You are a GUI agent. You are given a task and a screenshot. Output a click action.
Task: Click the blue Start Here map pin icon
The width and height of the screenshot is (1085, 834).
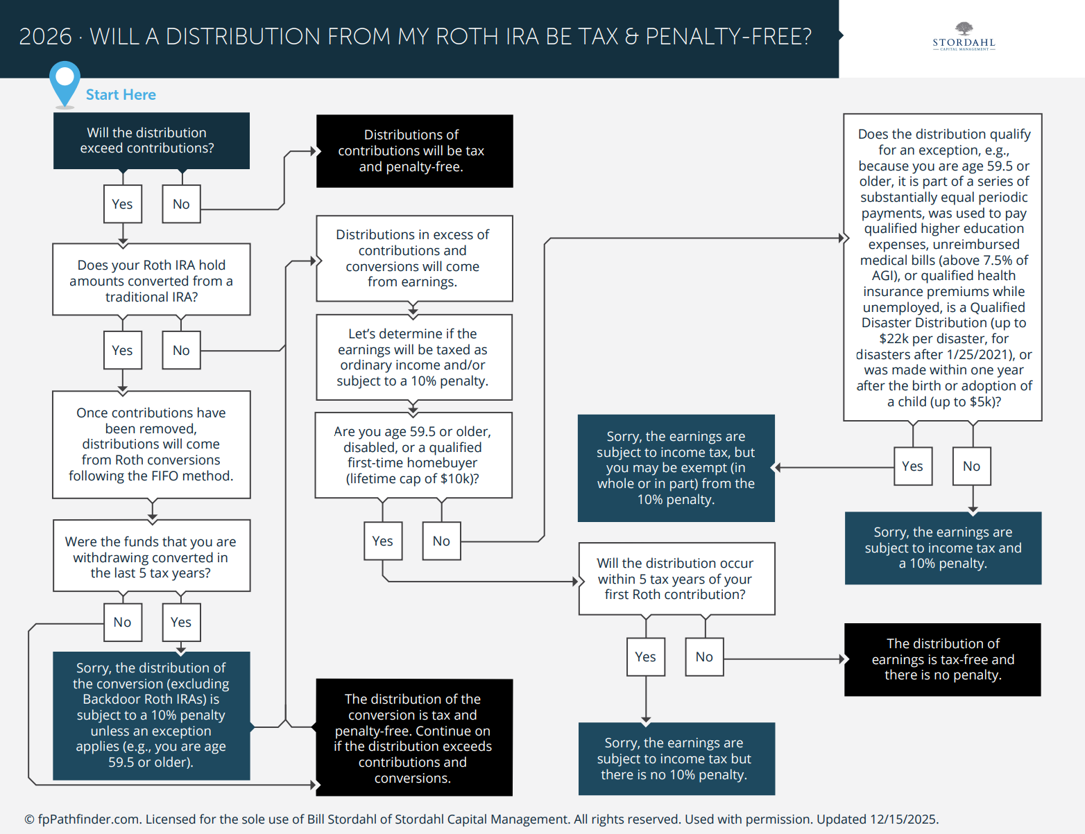pos(65,82)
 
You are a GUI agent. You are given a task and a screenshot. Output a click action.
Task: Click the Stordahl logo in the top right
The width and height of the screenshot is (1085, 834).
pos(964,37)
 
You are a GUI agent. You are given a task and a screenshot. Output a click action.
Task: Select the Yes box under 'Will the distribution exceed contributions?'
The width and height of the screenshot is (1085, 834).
pos(123,204)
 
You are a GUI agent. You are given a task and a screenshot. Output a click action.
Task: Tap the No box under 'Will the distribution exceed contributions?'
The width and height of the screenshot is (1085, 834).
pos(181,204)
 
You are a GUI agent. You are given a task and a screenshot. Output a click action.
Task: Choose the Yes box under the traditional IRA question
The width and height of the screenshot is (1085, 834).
pos(123,350)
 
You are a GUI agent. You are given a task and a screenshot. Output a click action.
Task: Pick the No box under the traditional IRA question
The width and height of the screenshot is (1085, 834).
pos(181,350)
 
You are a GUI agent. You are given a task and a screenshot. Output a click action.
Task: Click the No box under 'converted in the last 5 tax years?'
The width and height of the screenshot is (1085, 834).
pos(123,622)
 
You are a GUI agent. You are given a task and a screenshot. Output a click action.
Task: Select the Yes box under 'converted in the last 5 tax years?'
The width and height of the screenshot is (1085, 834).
pos(181,622)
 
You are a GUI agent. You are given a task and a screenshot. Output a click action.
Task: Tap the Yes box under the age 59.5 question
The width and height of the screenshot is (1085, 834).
pos(382,541)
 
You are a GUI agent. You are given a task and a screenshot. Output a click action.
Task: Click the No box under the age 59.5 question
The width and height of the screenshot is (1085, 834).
pos(441,541)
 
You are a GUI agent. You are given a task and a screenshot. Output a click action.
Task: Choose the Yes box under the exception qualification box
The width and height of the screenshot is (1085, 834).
pos(912,467)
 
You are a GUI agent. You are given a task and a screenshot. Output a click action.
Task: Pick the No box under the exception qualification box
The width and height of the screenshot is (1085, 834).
pos(971,467)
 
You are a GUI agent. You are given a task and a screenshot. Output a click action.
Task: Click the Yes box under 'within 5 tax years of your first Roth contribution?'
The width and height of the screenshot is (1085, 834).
pos(645,657)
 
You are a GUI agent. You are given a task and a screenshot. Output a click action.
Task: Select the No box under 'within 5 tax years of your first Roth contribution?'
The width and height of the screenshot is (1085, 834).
pos(704,657)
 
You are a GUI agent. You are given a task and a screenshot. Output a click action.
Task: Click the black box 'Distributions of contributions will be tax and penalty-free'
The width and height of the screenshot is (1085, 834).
pos(414,150)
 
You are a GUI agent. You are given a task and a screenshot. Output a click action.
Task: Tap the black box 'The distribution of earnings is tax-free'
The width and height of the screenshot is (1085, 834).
pos(942,659)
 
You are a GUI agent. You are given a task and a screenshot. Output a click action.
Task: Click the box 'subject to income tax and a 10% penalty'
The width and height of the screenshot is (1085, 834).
pos(943,548)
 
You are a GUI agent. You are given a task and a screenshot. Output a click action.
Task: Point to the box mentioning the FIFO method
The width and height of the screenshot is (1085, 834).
pos(151,444)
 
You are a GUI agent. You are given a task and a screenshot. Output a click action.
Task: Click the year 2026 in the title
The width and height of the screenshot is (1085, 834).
pos(45,37)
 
